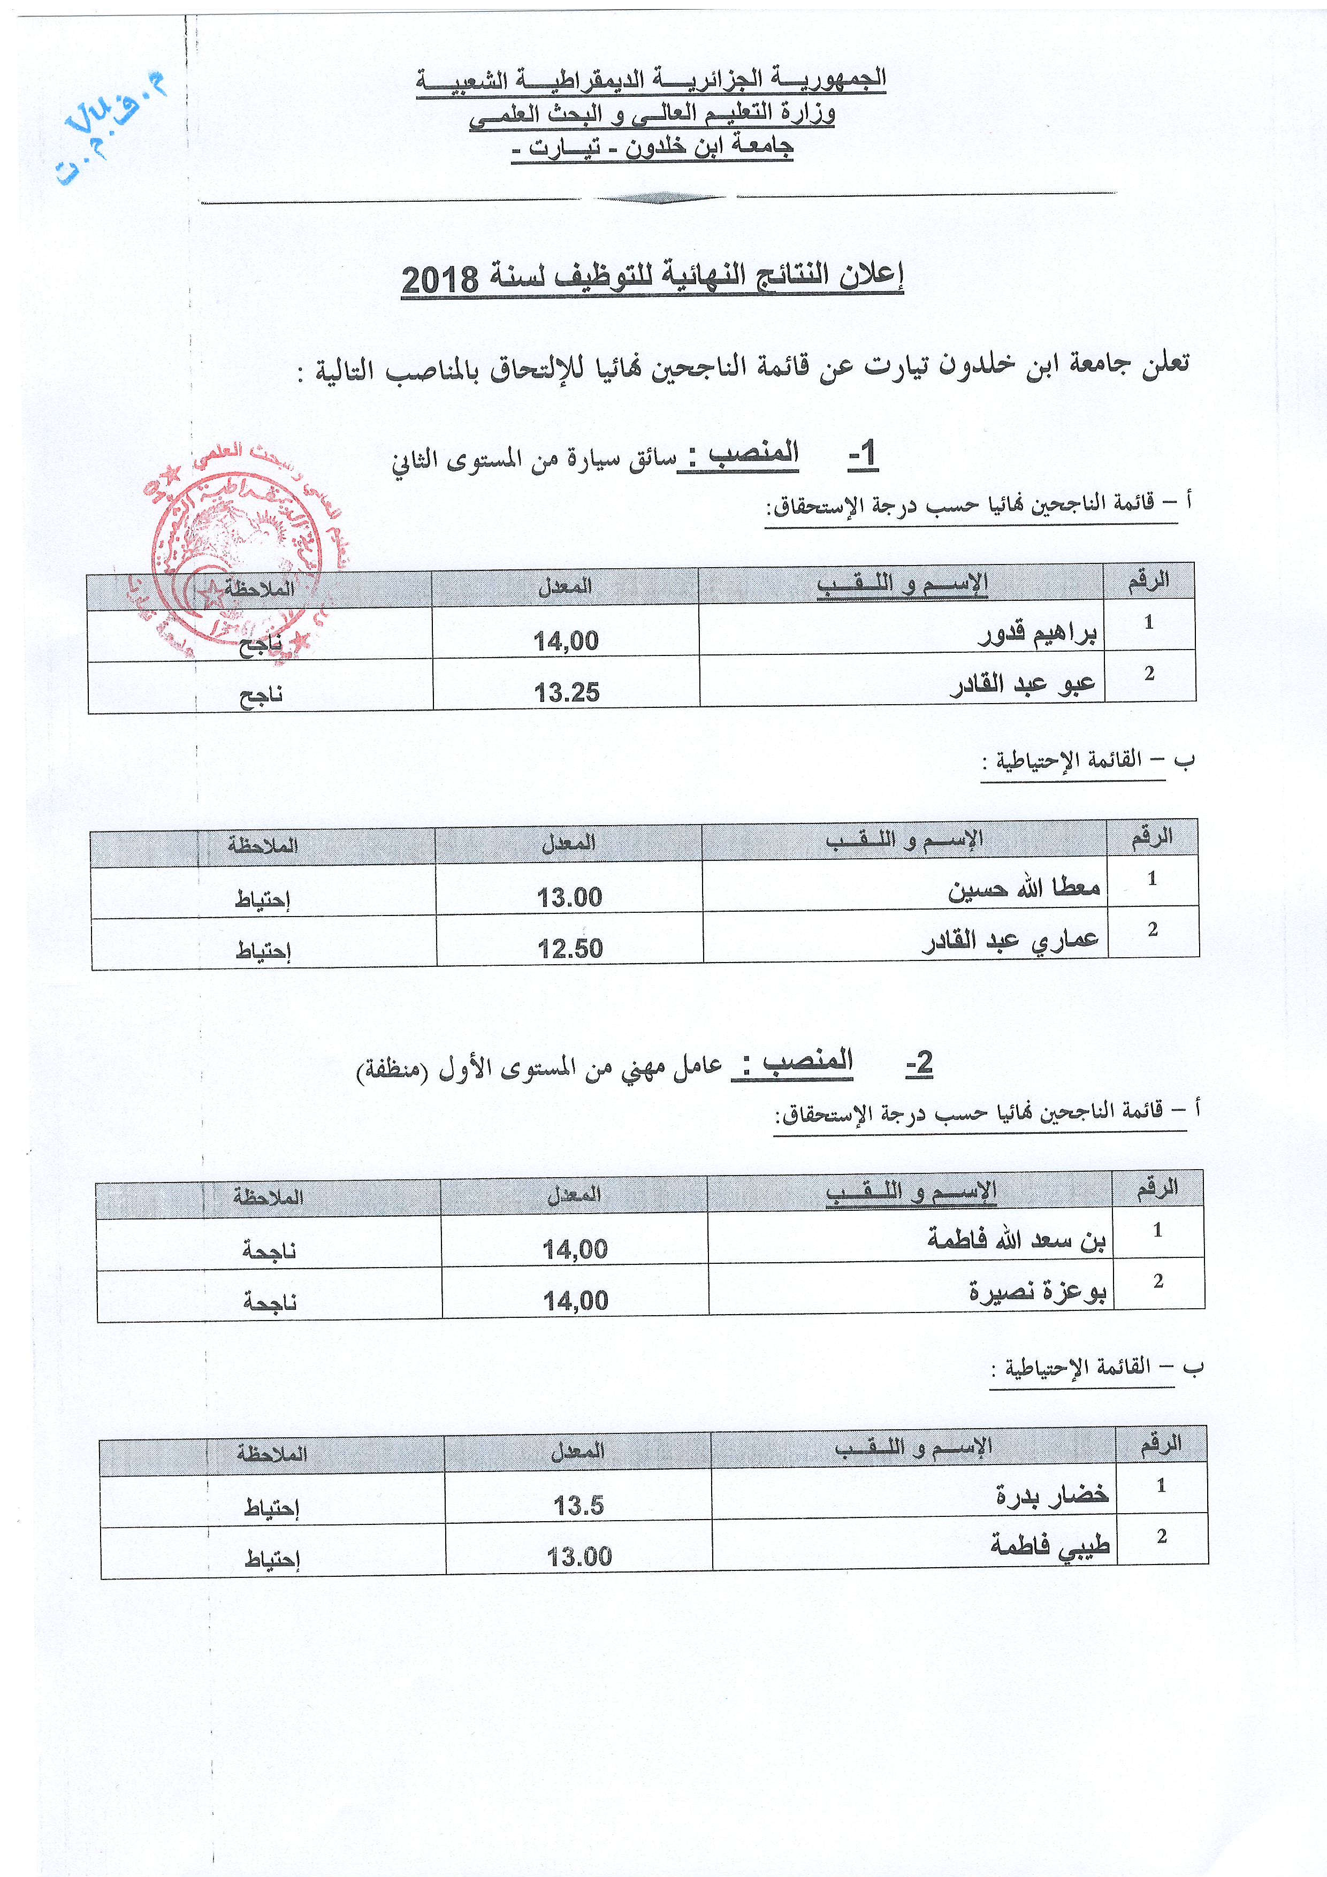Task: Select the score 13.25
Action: pyautogui.click(x=567, y=693)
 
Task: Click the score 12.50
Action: pyautogui.click(x=570, y=949)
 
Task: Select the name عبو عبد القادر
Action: pyautogui.click(x=1022, y=685)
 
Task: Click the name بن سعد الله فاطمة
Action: pyautogui.click(x=1016, y=1241)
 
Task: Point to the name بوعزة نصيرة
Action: pyautogui.click(x=1037, y=1293)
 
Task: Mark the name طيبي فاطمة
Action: pyautogui.click(x=1049, y=1547)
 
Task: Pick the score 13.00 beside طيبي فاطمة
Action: pyautogui.click(x=579, y=1556)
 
